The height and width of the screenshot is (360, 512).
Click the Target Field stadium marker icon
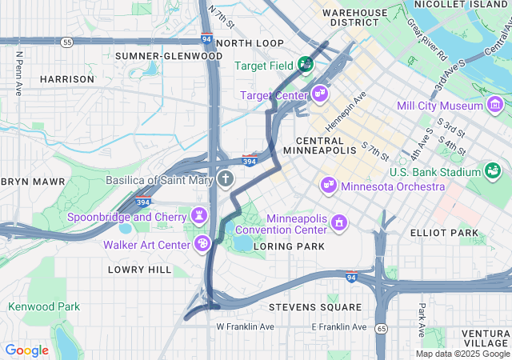pos(305,64)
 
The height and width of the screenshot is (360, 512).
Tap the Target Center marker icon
pos(320,94)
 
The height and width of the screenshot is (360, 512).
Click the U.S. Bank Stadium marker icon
pos(493,171)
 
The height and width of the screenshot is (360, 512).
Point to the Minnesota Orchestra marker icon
pos(328,186)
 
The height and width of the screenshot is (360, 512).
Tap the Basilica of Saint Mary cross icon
pos(226,179)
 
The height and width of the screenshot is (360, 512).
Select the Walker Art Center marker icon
pos(203,243)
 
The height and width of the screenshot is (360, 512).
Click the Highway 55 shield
pos(67,42)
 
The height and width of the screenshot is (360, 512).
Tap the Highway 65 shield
pos(382,328)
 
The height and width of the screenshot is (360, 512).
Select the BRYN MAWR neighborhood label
pos(33,182)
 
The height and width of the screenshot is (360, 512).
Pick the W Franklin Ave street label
pos(245,327)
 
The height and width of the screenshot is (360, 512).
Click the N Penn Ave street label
pos(18,74)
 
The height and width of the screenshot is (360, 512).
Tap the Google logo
pos(26,350)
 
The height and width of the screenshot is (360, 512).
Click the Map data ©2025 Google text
pos(462,354)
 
